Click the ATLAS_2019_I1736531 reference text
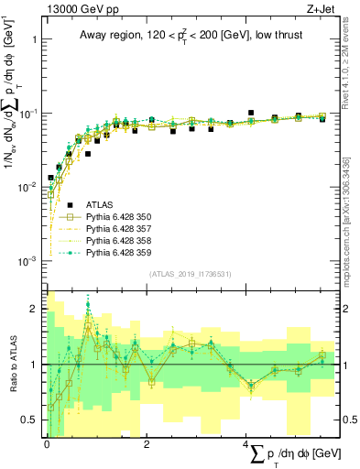191,274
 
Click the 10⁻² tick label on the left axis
30,187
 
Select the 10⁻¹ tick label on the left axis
30,114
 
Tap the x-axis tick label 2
147,444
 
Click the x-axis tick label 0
47,444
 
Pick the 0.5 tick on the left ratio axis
32,420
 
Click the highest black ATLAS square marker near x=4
250,113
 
